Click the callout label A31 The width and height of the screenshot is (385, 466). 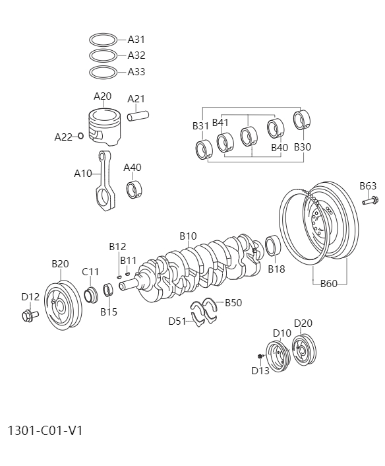[136, 40]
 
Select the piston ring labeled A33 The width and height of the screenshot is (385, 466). [103, 72]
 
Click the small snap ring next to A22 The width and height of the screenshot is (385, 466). [80, 137]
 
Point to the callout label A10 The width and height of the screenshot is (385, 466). [83, 174]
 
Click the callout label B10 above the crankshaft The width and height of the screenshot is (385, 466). [189, 236]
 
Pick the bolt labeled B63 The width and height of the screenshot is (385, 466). [370, 200]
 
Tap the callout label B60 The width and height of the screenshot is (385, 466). [329, 284]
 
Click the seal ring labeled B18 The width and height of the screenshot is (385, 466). [274, 246]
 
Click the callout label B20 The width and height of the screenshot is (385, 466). [60, 264]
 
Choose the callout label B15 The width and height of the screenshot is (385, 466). [109, 312]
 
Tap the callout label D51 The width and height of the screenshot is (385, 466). [177, 321]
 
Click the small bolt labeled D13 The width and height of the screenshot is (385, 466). [261, 356]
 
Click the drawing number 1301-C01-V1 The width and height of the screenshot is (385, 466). [45, 430]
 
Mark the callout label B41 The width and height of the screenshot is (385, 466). [220, 123]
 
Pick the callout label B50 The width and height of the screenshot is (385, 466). [233, 303]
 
